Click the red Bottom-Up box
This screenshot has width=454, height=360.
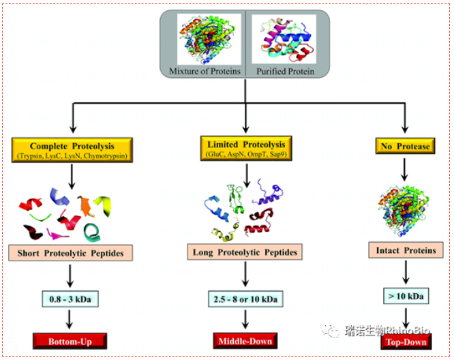click(72, 340)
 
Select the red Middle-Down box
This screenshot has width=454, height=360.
click(244, 340)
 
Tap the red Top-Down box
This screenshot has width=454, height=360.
click(407, 341)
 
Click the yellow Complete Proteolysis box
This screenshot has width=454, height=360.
click(72, 149)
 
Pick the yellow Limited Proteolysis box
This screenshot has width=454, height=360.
click(244, 147)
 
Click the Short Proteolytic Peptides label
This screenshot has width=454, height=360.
click(72, 254)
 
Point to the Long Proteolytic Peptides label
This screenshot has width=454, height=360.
click(244, 253)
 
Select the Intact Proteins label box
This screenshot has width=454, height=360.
click(406, 250)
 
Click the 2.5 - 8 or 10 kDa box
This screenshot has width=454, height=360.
click(244, 298)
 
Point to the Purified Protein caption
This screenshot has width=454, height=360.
click(285, 70)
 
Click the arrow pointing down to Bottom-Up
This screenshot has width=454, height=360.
click(72, 318)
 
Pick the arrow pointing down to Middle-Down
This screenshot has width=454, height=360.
click(244, 319)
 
